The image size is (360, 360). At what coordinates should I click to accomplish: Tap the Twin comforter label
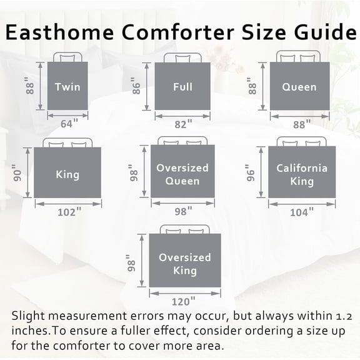coord(67,87)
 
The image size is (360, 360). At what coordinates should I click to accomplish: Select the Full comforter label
coord(182,87)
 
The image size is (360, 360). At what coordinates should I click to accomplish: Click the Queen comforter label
coord(299,87)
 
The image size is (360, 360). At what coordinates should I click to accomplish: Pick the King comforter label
coord(67,174)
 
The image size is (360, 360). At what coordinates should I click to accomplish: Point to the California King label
coord(302,174)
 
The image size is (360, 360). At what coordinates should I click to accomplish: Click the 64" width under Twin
coord(67,124)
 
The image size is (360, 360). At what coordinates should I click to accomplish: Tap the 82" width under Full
coord(182,124)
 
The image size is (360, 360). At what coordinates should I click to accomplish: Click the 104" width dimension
coord(302,212)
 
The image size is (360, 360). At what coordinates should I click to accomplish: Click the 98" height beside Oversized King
coord(132,264)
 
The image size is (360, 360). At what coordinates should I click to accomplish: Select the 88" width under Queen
coord(301,125)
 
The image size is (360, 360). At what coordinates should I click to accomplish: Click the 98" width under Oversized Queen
coord(182,212)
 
